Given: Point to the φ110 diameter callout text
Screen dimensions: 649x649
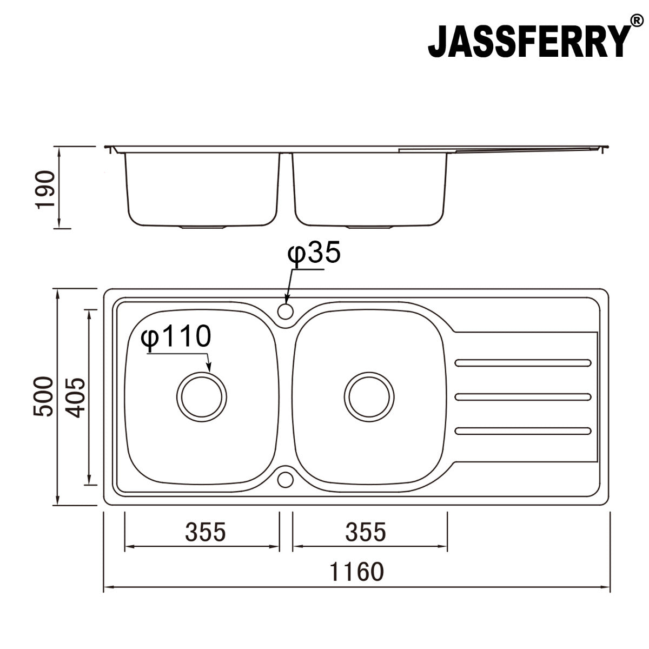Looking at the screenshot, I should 175,337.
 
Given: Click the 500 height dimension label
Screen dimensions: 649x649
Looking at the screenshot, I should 43,396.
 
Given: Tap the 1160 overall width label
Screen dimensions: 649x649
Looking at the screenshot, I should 356,571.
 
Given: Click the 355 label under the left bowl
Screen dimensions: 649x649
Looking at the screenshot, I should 205,532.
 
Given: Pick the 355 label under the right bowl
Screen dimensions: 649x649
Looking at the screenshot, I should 366,532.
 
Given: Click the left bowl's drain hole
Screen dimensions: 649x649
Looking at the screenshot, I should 202,396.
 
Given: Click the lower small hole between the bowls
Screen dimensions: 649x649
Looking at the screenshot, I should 285,479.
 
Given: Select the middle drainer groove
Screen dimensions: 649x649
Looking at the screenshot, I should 523,397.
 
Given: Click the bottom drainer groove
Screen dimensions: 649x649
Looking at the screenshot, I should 523,431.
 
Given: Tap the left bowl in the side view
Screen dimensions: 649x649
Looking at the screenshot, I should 202,189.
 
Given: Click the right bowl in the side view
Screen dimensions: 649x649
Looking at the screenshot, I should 370,189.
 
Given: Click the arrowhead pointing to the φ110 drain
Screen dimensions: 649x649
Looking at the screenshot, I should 209,369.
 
